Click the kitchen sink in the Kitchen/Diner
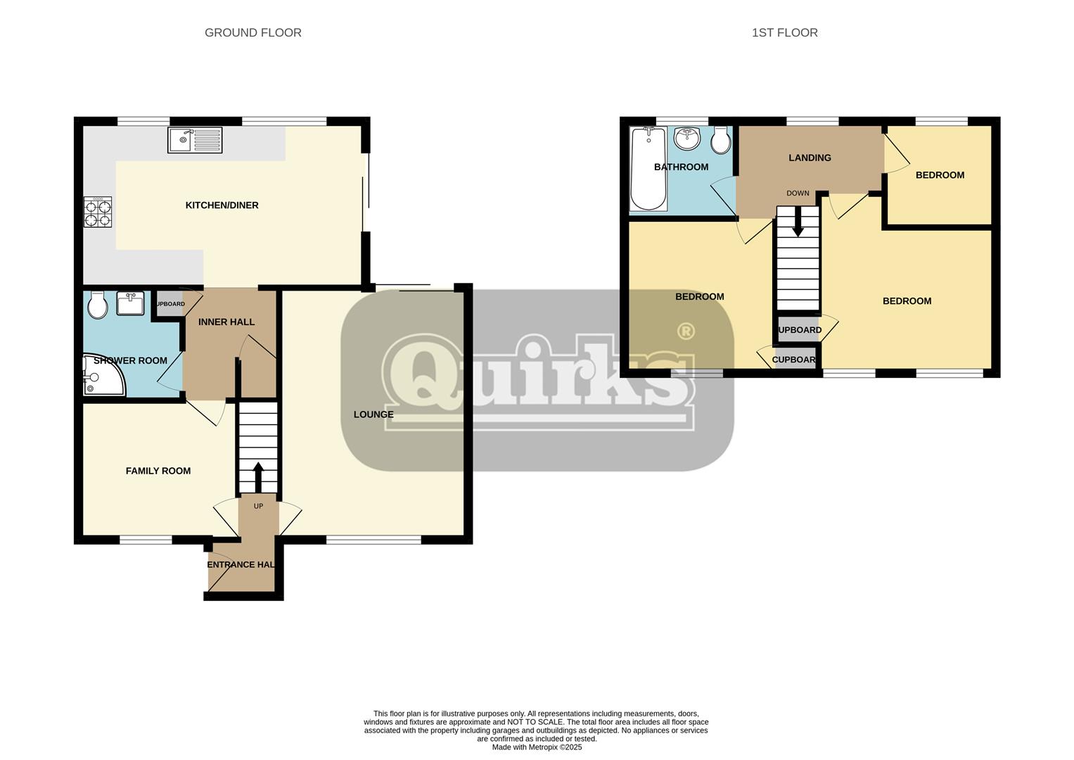point(195,139)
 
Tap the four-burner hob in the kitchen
point(98,212)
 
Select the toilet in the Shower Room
point(97,305)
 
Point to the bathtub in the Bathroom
point(648,169)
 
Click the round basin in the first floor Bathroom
point(686,139)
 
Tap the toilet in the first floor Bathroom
point(721,140)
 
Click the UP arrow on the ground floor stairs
point(258,477)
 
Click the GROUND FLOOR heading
point(253,32)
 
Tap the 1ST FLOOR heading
point(784,32)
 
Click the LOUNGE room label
point(373,414)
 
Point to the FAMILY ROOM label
point(158,471)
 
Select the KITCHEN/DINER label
point(222,205)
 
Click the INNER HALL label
point(226,322)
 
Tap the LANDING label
point(810,158)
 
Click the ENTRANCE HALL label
point(241,564)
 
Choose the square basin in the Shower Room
point(130,304)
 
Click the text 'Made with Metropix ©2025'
point(537,747)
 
